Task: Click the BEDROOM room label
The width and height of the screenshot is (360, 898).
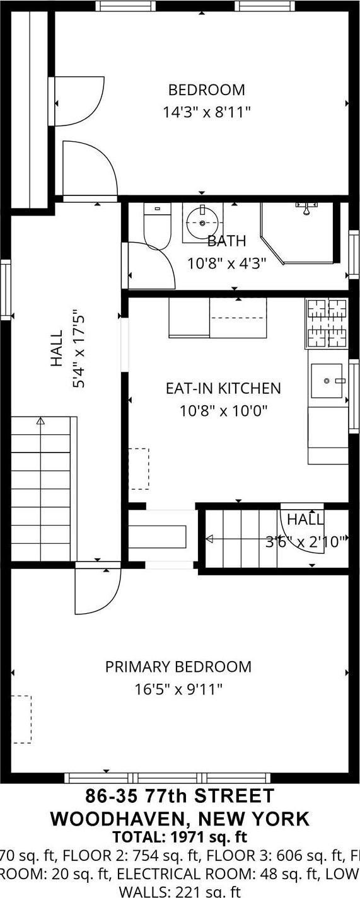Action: (206, 90)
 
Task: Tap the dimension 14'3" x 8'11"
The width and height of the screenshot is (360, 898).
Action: (206, 113)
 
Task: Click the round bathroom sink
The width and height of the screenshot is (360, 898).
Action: (202, 222)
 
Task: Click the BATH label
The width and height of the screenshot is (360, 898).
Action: (226, 241)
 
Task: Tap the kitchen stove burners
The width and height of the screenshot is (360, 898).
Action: (327, 323)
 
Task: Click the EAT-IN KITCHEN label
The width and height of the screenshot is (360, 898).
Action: (223, 388)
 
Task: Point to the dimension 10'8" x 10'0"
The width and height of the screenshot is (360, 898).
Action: (223, 412)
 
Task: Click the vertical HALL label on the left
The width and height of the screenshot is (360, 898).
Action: (57, 348)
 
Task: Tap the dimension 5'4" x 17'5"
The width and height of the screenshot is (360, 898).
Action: (78, 348)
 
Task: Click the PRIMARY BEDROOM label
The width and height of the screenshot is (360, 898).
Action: (178, 667)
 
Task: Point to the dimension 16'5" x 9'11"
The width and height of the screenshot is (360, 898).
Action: (178, 689)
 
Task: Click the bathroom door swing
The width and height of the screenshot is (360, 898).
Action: (151, 265)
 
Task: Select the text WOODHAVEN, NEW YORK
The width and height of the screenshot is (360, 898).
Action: (180, 819)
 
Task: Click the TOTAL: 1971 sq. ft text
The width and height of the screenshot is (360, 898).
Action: (180, 838)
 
